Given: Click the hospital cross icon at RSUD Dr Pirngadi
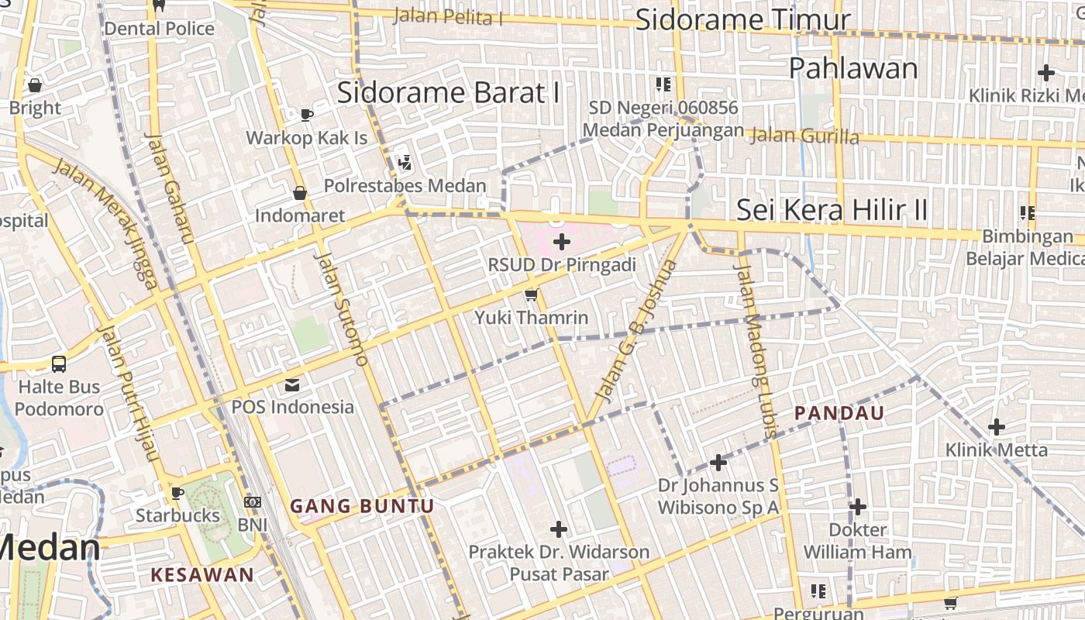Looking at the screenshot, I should coord(562,243).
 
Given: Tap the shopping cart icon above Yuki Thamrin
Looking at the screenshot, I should coord(531,294).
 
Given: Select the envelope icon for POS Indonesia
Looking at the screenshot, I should coord(292,384).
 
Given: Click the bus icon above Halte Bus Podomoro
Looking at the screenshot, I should coord(59,363).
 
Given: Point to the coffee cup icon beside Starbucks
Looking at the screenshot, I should coord(177,493).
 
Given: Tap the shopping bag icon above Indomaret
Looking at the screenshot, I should coord(299,192).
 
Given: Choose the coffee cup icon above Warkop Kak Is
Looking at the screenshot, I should coord(307,115).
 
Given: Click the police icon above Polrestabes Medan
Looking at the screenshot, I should coord(404,163).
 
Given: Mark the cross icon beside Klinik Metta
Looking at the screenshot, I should coord(997,426).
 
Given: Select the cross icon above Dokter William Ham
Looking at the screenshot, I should coord(857,507).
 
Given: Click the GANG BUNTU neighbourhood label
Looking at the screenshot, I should coord(362,506).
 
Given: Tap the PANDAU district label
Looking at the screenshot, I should coord(839,413).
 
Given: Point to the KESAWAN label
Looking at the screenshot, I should coord(202,574).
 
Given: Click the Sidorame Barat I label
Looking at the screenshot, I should coord(448,93).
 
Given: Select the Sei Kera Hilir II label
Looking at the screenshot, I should coord(832,210).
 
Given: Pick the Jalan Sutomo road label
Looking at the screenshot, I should coord(341,308).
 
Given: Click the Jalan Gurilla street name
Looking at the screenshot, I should coord(805,136).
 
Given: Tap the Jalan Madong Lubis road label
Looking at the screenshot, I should coord(755,351).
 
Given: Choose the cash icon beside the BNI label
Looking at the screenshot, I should coord(253,502).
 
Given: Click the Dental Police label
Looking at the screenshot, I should coord(159,29).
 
